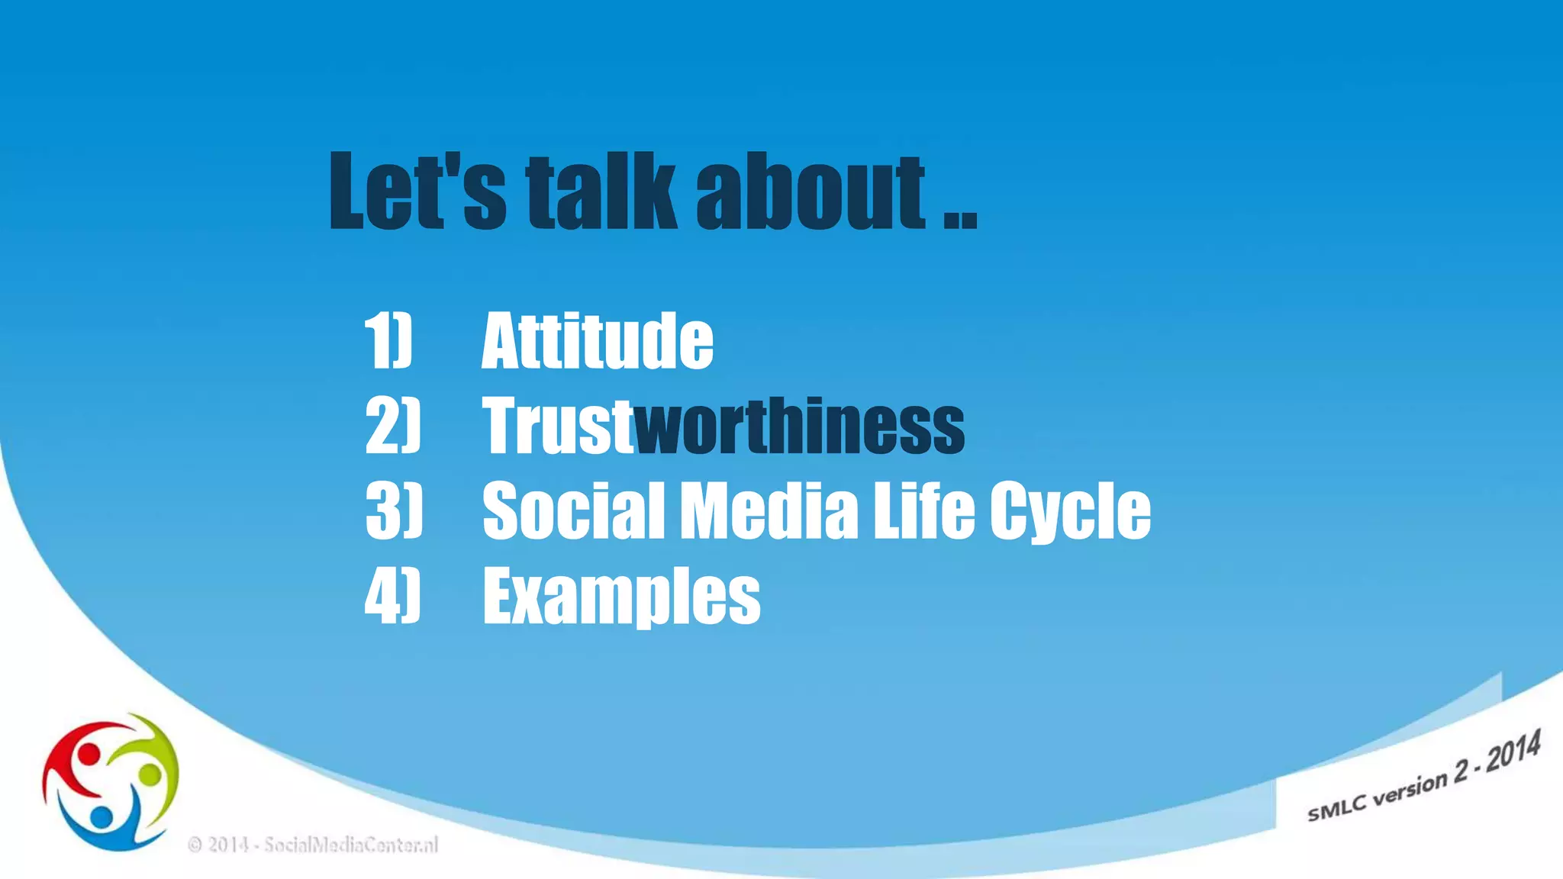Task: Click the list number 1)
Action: pos(388,340)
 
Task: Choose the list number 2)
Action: pos(392,425)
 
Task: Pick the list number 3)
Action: pos(393,510)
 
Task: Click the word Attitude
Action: pos(598,340)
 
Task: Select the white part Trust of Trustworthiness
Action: pos(558,425)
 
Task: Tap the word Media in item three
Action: pos(769,510)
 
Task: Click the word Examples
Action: pos(621,596)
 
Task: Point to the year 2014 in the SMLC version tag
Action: pos(1513,751)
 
